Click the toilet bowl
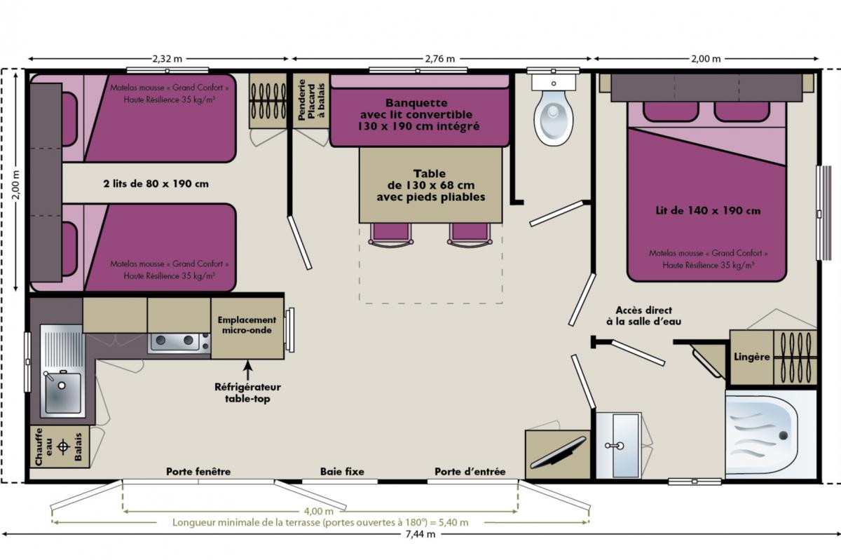click(554, 117)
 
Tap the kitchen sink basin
click(63, 393)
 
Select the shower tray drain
click(784, 436)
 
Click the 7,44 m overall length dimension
click(420, 534)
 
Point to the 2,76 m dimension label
click(439, 59)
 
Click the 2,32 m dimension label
click(167, 59)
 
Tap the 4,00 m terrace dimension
click(318, 511)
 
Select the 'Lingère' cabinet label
click(751, 357)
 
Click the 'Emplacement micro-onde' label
click(247, 325)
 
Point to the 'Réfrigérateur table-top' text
click(247, 392)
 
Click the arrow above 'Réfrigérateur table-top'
click(247, 370)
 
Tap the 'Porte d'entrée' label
click(470, 472)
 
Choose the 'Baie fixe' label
click(342, 472)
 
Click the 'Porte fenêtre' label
click(198, 472)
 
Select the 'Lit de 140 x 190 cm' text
click(708, 211)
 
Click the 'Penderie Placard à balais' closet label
click(311, 99)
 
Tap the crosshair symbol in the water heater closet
click(62, 446)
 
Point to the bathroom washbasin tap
click(615, 446)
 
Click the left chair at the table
click(391, 235)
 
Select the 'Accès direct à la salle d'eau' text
click(643, 316)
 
